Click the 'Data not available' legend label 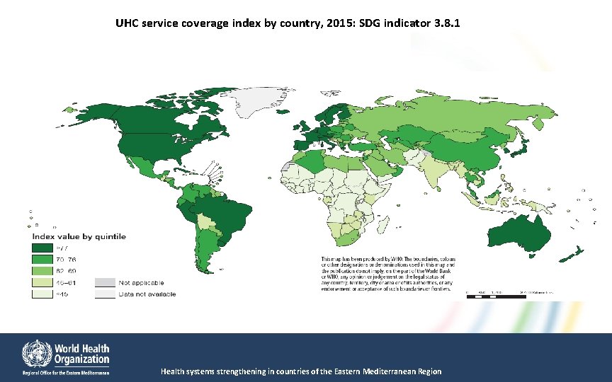pyautogui.click(x=147, y=294)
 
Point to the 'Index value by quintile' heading pyautogui.click(x=78, y=236)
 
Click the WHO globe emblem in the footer pyautogui.click(x=35, y=352)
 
